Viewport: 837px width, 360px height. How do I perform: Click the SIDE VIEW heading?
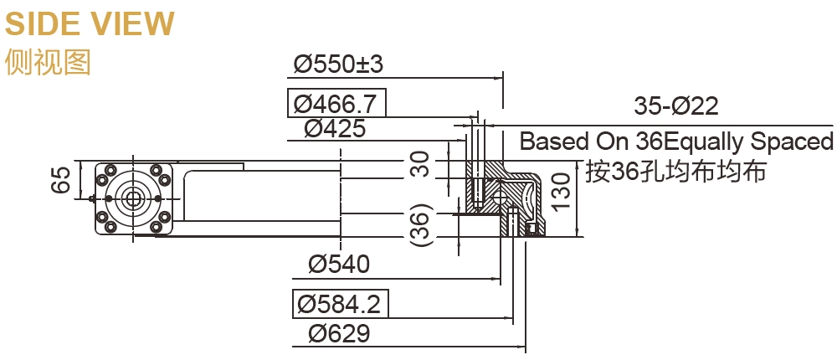[x=90, y=23]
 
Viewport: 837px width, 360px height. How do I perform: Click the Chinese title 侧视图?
[x=47, y=63]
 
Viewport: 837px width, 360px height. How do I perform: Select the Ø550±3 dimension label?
[x=339, y=64]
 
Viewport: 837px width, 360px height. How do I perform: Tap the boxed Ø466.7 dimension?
[x=336, y=104]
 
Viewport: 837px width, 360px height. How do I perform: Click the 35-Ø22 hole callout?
[x=676, y=106]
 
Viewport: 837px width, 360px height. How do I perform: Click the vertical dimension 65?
[x=61, y=179]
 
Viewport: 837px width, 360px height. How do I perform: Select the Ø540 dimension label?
[x=338, y=265]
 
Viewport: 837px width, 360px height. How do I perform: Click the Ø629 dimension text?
[x=338, y=333]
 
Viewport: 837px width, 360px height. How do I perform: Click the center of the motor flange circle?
[x=131, y=198]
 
